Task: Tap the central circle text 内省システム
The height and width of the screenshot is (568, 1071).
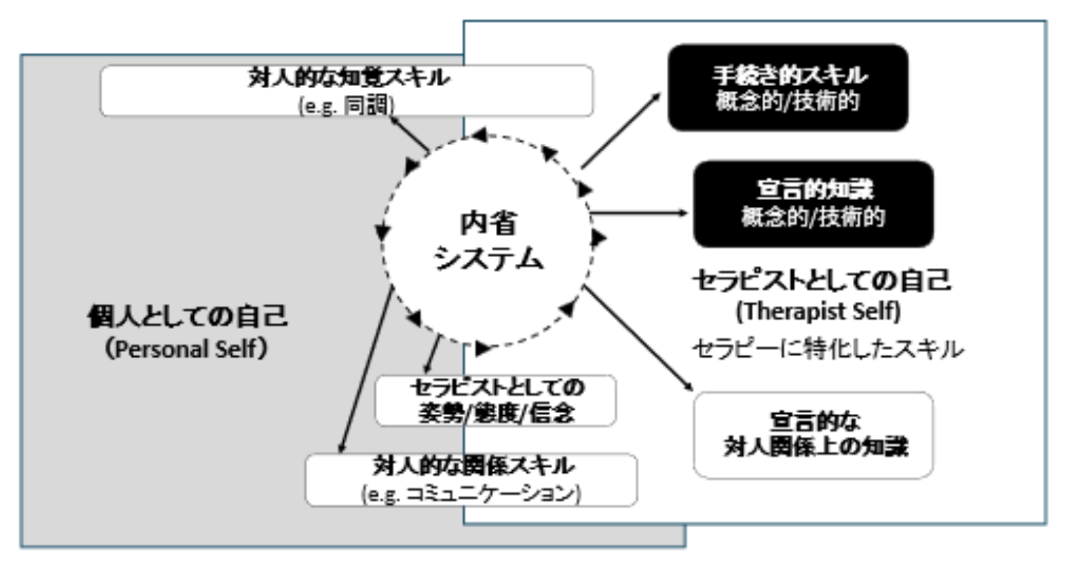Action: coord(488,241)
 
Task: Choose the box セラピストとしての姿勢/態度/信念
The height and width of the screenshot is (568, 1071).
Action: coord(496,401)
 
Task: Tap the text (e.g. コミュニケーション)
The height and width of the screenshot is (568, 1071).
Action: coord(471,494)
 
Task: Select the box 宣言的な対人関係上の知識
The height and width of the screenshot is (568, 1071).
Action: coord(814,435)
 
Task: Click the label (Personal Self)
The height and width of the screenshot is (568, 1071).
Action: coord(186,349)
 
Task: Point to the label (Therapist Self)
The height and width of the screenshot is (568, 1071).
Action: coord(818,310)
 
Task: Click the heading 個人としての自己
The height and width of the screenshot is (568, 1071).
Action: coord(188,317)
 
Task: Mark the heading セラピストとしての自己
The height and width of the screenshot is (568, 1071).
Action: coord(821,281)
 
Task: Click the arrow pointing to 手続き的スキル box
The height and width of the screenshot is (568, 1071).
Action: coord(620,131)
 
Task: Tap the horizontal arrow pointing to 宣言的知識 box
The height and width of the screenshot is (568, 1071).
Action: coord(639,212)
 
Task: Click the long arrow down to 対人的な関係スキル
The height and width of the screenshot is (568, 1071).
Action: coord(365,371)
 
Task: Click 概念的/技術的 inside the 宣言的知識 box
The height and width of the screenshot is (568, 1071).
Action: coord(813,217)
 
